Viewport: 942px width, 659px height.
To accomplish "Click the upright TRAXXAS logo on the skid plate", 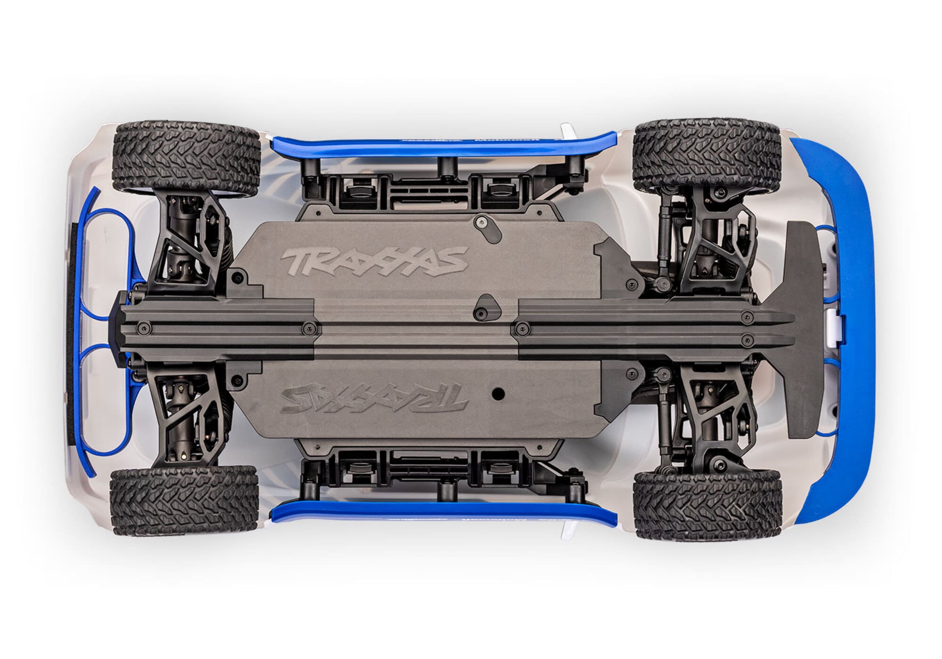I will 374,259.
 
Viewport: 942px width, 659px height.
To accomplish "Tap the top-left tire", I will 186,159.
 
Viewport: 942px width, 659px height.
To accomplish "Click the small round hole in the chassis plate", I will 497,391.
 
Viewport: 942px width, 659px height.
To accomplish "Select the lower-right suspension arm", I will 702,414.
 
